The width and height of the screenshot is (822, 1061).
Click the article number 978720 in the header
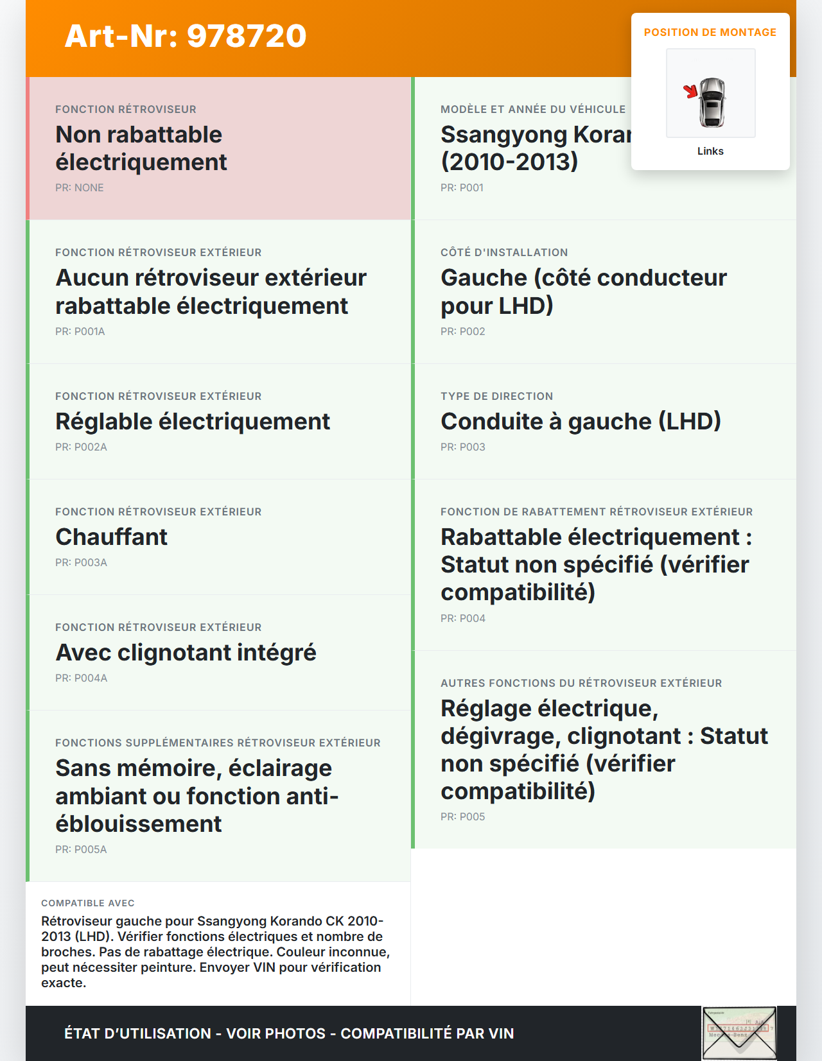click(247, 36)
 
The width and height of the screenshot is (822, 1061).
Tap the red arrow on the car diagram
click(690, 91)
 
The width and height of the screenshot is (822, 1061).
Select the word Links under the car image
click(710, 151)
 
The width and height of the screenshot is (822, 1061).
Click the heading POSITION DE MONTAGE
click(710, 33)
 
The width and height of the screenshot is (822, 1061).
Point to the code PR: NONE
click(79, 188)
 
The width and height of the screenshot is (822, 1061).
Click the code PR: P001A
click(80, 332)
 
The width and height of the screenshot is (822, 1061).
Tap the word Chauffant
click(111, 537)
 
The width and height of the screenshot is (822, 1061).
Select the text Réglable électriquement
click(192, 422)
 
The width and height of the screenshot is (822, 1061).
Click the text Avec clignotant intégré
click(186, 653)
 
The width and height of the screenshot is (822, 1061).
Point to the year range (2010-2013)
click(509, 162)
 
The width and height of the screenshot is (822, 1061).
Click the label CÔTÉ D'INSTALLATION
click(503, 253)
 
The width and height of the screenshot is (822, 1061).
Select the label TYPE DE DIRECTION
click(496, 397)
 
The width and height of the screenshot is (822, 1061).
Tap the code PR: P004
click(462, 619)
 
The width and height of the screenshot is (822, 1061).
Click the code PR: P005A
click(81, 850)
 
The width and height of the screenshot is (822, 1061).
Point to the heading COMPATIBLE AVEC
click(87, 903)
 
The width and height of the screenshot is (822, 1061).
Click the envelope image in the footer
click(739, 1033)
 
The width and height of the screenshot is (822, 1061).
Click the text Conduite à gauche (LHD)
click(581, 422)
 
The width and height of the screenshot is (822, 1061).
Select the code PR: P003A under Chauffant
click(81, 563)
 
